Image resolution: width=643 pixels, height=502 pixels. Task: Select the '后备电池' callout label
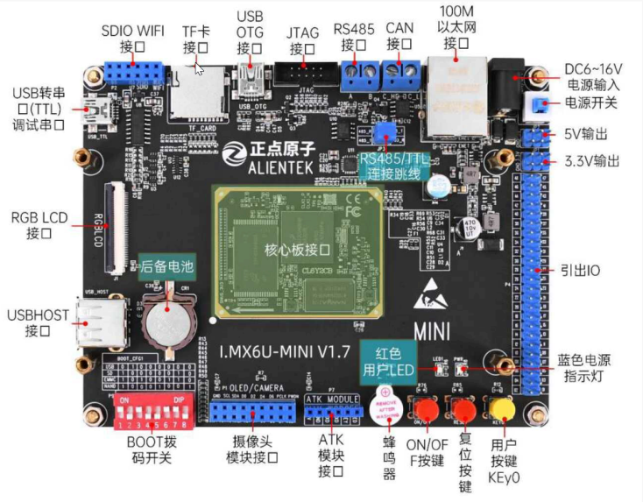pyautogui.click(x=163, y=265)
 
